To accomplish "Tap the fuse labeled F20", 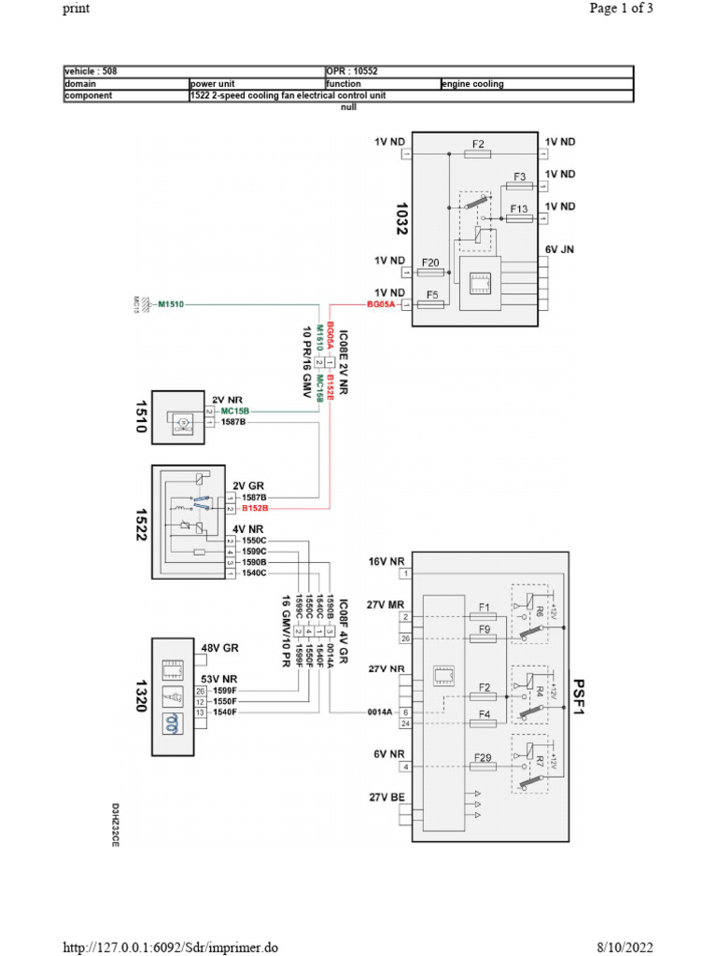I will (x=430, y=263).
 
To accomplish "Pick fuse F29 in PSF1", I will (x=483, y=757).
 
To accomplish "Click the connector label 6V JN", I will (x=560, y=250).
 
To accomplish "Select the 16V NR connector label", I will (x=386, y=562).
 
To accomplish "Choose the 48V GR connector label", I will (x=220, y=646).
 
